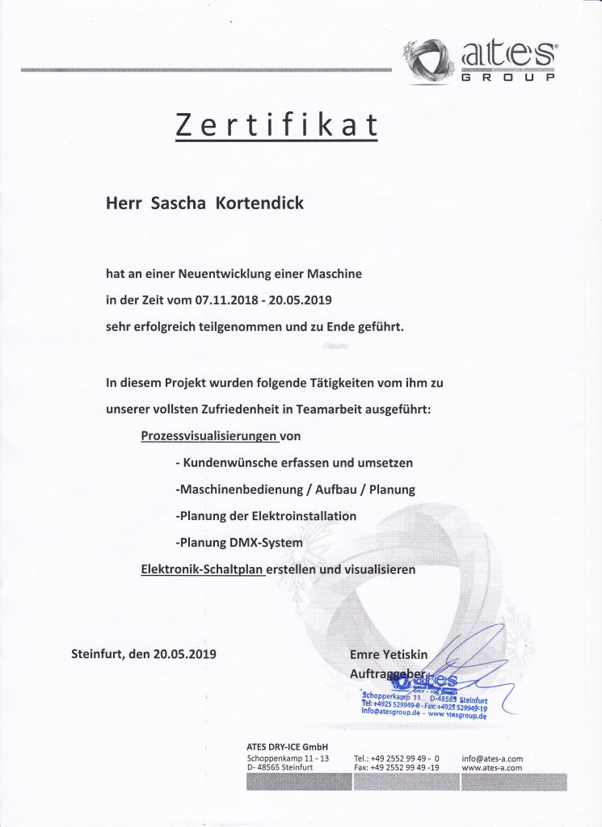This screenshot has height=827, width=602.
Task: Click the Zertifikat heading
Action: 276,126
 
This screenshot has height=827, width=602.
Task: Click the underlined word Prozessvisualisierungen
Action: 208,436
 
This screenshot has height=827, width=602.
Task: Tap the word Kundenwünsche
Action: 229,463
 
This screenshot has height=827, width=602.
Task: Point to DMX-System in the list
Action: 267,542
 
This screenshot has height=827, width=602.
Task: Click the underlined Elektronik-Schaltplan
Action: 203,569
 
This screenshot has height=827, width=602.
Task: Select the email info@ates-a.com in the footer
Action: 492,758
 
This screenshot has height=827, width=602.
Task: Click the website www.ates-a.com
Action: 492,768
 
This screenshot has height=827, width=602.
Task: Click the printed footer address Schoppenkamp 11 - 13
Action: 288,758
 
